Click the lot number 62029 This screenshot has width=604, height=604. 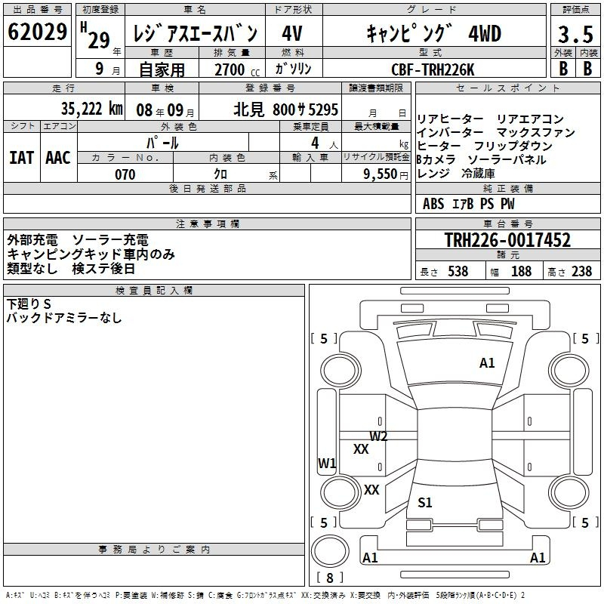[x=37, y=32]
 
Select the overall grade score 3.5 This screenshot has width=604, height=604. [x=575, y=34]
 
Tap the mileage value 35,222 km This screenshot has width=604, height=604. [x=92, y=109]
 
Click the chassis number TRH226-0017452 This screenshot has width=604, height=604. [x=507, y=240]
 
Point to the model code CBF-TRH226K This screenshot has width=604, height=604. [x=433, y=69]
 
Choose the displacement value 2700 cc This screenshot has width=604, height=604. [x=237, y=69]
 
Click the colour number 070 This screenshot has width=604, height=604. [x=125, y=174]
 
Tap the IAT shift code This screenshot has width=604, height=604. [x=22, y=158]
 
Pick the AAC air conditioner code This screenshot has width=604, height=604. [x=58, y=158]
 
